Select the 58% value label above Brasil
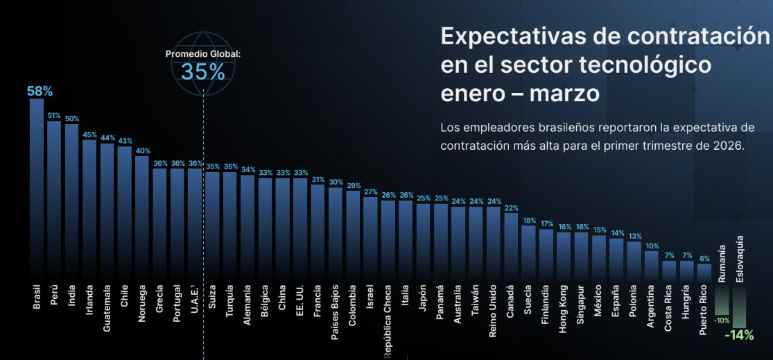[x=40, y=91]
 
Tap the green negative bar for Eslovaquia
[x=739, y=305]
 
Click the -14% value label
[x=739, y=335]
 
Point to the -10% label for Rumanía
[x=722, y=320]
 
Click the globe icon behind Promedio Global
[x=202, y=58]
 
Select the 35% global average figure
[x=202, y=71]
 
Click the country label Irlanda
[x=89, y=300]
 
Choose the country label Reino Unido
[x=493, y=309]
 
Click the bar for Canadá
[x=511, y=246]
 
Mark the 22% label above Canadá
[x=511, y=208]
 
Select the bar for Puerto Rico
[x=704, y=271]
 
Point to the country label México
[x=598, y=300]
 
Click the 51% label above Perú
[x=54, y=116]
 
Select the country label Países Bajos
[x=336, y=310]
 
